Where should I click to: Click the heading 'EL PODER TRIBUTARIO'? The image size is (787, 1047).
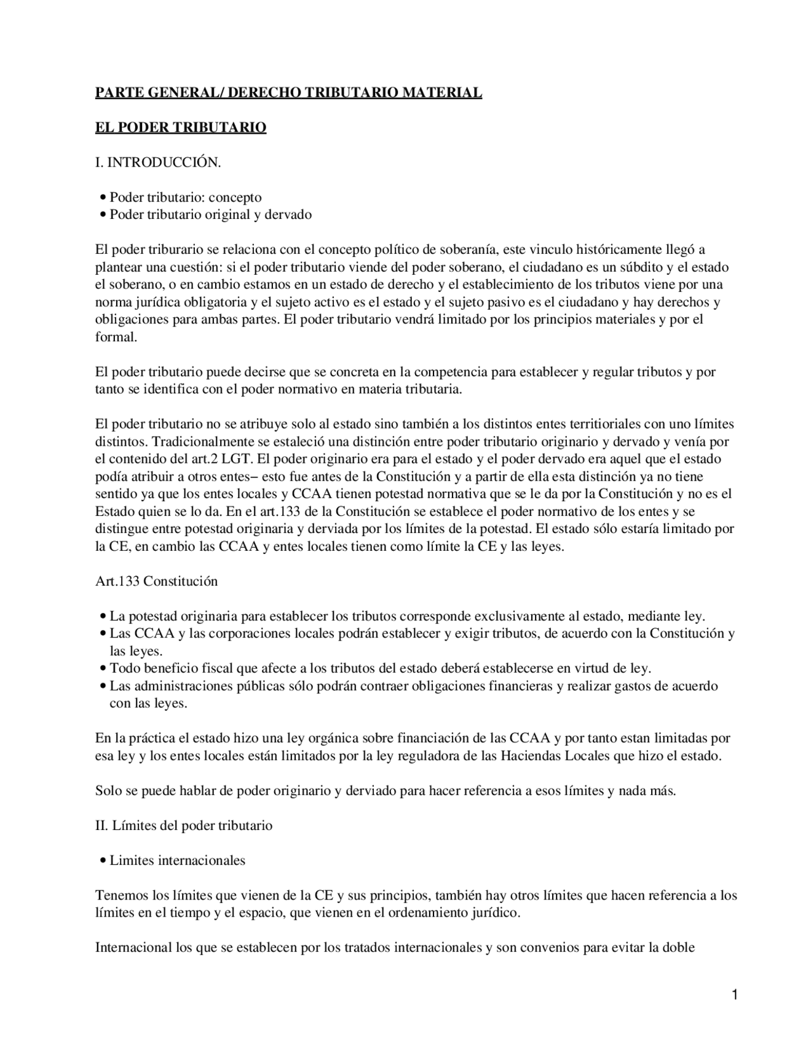point(180,127)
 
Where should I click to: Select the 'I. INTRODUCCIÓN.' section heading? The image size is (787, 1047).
point(157,162)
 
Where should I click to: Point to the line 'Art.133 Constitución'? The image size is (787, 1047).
point(156,581)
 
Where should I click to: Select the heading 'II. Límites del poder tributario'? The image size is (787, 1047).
point(183,825)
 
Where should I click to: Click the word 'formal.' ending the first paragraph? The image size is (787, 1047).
point(116,337)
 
